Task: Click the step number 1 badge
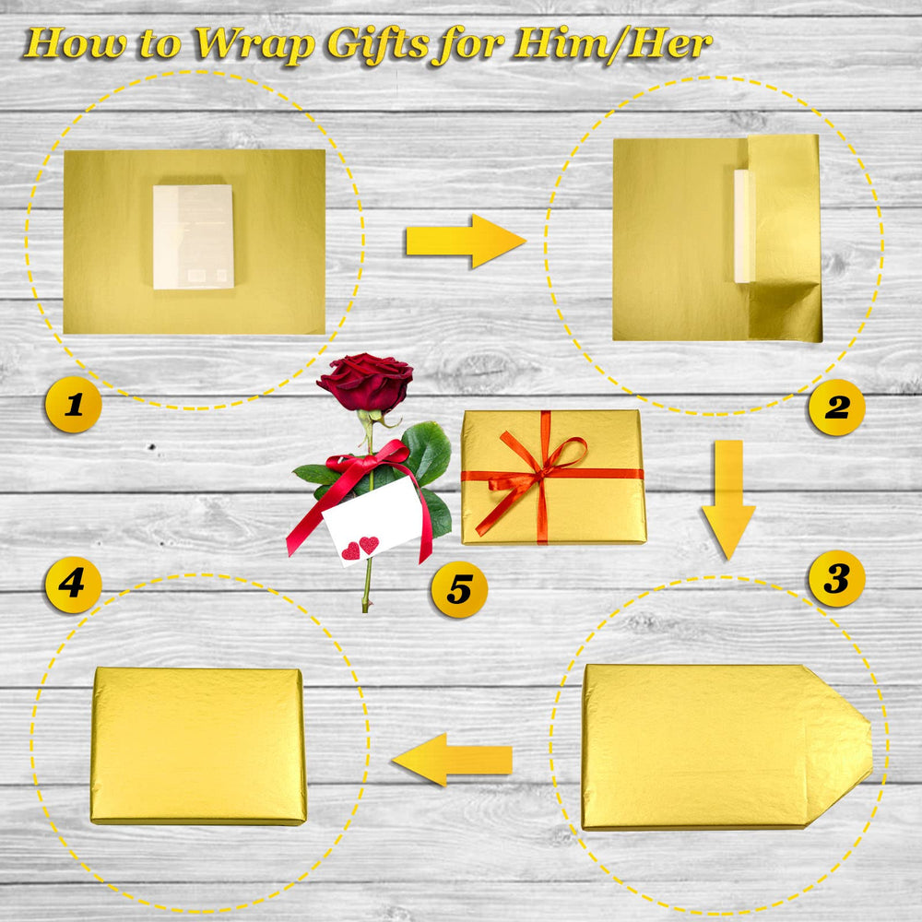pos(74,405)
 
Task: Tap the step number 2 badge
pos(837,407)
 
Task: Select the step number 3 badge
pos(837,579)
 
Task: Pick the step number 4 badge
pos(74,585)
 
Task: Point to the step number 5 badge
pos(459,589)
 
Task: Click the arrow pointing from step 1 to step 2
pos(465,241)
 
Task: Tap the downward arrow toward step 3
pos(728,500)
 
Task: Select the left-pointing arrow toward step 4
pos(452,760)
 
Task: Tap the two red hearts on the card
pos(360,548)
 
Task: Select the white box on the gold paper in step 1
pos(194,237)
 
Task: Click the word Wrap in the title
pos(254,44)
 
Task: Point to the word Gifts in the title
pos(377,44)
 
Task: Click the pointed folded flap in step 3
pos(838,747)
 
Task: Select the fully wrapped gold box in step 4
pos(199,746)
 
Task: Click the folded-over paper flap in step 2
pos(785,238)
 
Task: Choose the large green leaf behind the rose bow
pos(428,452)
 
